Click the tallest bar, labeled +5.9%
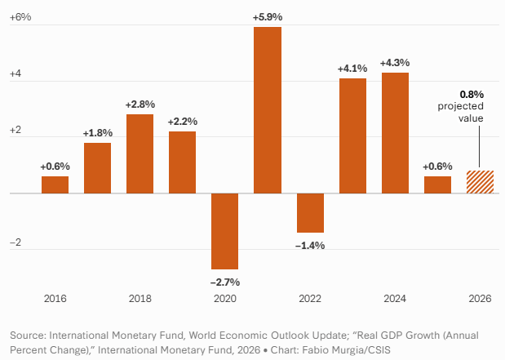[267, 110]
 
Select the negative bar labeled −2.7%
[224, 231]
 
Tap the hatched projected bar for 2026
[480, 182]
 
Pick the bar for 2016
[55, 184]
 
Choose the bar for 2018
[140, 153]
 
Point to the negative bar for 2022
[310, 213]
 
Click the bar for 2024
[395, 133]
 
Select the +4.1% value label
[352, 68]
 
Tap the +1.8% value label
[97, 133]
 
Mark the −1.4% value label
[310, 245]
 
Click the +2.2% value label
[182, 122]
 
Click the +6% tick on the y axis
[20, 17]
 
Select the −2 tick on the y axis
[16, 244]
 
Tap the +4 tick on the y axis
[16, 74]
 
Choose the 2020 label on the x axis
[224, 300]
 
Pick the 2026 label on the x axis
[480, 300]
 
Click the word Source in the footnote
[29, 336]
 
